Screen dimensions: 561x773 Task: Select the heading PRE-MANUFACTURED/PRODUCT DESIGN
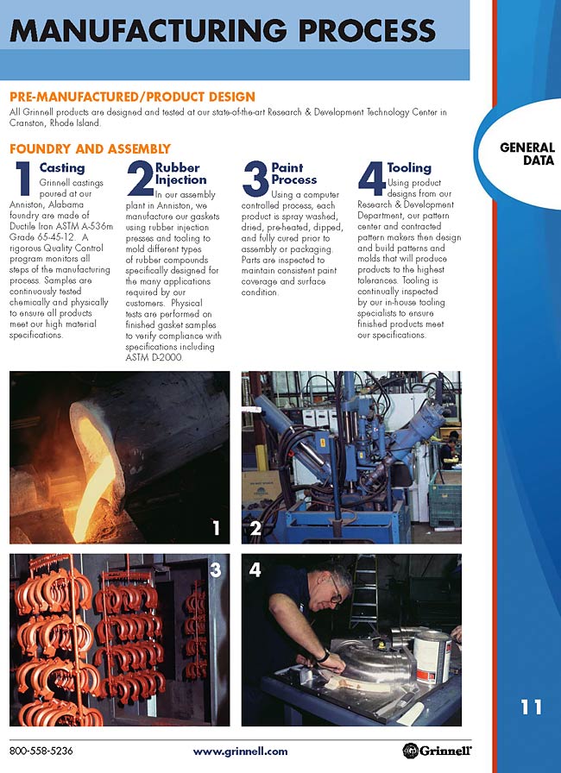coord(133,97)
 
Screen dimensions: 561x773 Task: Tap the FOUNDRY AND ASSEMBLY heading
coord(91,149)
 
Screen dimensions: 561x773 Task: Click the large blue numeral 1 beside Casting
coord(23,178)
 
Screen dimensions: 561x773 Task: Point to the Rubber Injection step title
coord(180,173)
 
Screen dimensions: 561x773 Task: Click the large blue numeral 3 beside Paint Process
coord(255,179)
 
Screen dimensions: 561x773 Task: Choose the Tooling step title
coord(409,167)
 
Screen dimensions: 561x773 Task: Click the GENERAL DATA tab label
coord(527,154)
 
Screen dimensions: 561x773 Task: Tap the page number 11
coord(532,707)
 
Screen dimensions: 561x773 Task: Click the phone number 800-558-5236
coord(41,751)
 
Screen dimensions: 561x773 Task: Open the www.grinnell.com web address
coord(240,751)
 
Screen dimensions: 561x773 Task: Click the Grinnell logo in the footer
coord(437,751)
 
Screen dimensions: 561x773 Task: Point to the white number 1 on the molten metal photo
coord(216,528)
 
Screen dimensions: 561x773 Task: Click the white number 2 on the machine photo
coord(255,528)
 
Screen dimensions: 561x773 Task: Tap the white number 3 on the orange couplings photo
coord(216,570)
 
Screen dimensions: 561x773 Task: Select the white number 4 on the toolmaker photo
coord(255,570)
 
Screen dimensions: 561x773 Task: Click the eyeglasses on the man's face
coord(336,591)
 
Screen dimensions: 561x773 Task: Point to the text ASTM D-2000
coord(154,357)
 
